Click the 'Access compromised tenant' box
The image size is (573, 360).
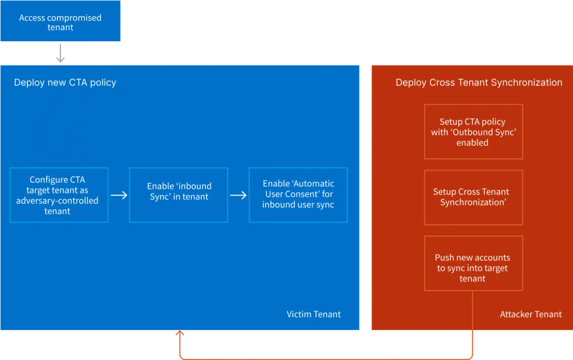(60, 21)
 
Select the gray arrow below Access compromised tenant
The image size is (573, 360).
(60, 53)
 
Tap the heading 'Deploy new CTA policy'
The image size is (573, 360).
(65, 83)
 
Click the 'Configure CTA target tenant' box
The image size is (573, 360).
(59, 195)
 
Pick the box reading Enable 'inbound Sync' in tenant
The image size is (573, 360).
(179, 195)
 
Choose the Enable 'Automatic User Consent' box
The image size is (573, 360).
(298, 195)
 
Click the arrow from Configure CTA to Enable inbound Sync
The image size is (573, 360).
(119, 196)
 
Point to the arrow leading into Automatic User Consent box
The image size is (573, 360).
(239, 196)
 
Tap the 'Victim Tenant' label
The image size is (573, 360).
(314, 314)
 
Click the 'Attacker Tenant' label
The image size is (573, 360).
(531, 314)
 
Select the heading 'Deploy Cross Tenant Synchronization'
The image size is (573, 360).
(479, 83)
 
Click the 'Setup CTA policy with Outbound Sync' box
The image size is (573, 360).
(474, 132)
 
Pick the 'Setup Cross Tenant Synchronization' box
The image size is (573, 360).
(474, 197)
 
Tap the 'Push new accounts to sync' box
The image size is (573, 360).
(474, 263)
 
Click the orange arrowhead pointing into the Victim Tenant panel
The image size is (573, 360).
(180, 333)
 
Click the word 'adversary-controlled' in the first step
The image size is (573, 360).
(57, 201)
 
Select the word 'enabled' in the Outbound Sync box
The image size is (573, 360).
(472, 142)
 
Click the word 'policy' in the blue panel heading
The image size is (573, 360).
(103, 83)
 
